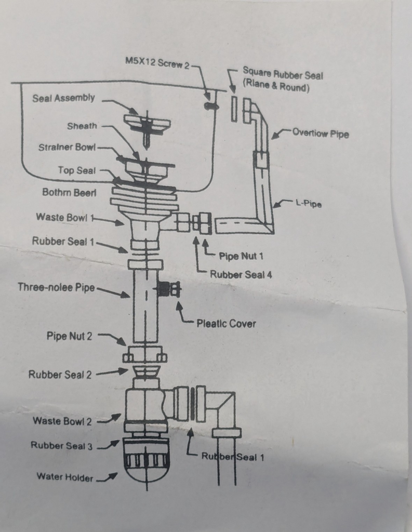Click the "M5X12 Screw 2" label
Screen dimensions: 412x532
pos(157,63)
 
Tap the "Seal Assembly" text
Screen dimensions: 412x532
pos(63,98)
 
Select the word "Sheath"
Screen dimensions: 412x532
pos(82,126)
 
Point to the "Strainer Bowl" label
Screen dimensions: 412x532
pos(67,148)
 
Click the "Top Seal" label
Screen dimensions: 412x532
pos(77,170)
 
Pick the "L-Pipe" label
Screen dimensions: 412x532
pos(309,204)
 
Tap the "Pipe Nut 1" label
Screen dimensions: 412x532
pos(241,256)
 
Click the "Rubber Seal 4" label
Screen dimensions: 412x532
pos(241,274)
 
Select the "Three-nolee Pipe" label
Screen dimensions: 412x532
pos(56,287)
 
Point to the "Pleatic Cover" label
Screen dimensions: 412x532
pos(227,323)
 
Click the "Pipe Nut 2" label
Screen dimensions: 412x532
pos(69,336)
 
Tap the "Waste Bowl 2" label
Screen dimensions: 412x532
pos(62,421)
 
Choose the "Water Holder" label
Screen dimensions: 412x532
pos(65,477)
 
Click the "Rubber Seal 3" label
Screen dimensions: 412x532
pos(61,445)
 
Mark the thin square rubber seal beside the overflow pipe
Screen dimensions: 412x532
pos(234,109)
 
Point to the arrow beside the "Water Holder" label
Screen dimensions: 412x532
pos(107,477)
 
